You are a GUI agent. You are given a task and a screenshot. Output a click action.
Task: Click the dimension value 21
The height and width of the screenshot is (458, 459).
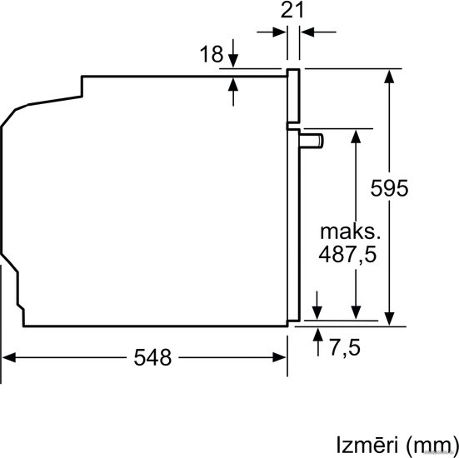coord(292,11)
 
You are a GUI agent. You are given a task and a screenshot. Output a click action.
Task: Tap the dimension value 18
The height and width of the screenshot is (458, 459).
coord(212,54)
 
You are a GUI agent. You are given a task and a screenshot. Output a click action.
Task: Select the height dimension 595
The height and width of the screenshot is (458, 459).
coord(389,188)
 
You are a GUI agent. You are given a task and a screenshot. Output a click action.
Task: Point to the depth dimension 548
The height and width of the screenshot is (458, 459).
coord(152,357)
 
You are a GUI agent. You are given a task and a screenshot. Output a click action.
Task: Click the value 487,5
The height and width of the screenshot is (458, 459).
coord(347,254)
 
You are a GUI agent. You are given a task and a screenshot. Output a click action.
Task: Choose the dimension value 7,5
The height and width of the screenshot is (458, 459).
coord(345,347)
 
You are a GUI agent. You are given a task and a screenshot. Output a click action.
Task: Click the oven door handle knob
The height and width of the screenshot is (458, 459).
coord(312,141)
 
